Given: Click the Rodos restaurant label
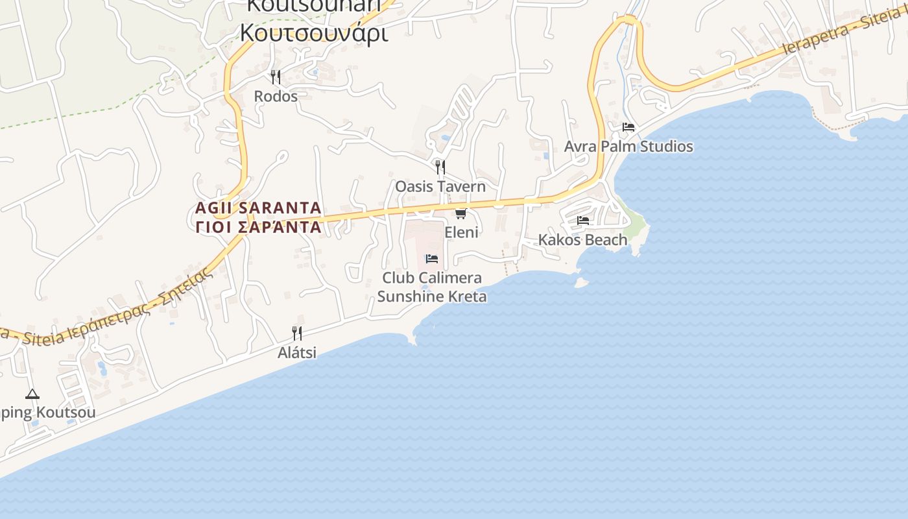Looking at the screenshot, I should (x=276, y=97).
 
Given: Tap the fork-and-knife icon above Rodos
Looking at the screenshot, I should (x=276, y=77).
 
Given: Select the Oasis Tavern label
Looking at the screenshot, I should (x=440, y=187).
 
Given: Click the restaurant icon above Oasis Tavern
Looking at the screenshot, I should (x=440, y=167).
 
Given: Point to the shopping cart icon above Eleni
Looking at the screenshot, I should (x=460, y=213).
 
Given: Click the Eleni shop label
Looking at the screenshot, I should (x=461, y=232).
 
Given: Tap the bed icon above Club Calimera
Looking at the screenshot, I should (x=432, y=259).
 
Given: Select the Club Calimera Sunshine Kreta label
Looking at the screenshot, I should (x=432, y=287).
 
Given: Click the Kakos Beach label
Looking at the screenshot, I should (x=583, y=240).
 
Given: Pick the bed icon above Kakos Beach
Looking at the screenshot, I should (x=583, y=221).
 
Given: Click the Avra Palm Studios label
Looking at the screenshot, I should (x=628, y=147).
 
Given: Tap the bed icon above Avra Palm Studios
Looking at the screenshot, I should (x=628, y=127).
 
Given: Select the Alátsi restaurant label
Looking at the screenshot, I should (x=297, y=353).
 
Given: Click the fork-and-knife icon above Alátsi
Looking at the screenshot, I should (x=297, y=333).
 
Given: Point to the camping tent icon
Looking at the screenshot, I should (x=32, y=394).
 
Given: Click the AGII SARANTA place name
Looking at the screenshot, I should (x=258, y=208).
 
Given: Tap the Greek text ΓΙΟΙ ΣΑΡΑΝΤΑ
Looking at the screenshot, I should (x=258, y=227).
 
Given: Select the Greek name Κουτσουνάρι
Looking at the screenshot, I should (x=315, y=32).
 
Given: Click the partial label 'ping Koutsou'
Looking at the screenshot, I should (x=48, y=413).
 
